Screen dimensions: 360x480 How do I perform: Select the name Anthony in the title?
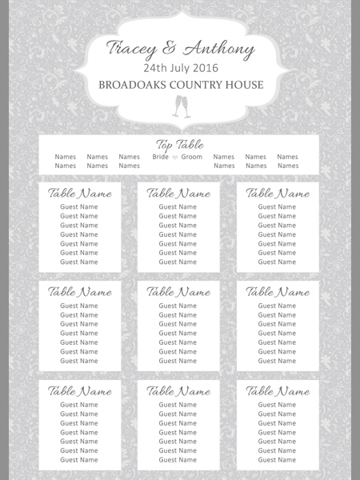coord(219,49)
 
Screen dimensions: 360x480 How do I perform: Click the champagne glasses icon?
coord(182,106)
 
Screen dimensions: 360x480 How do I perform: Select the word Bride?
coord(161,157)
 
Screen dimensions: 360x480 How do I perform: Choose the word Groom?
coord(192,157)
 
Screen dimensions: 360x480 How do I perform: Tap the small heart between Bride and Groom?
coord(175,157)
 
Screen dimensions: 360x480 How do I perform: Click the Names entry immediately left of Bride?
coord(129,157)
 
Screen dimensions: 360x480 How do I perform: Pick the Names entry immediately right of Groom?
coord(224,157)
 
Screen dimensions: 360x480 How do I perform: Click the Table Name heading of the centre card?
coord(178,292)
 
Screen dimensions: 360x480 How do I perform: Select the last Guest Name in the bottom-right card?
coord(277,460)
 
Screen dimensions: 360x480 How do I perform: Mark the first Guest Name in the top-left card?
coord(79,206)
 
